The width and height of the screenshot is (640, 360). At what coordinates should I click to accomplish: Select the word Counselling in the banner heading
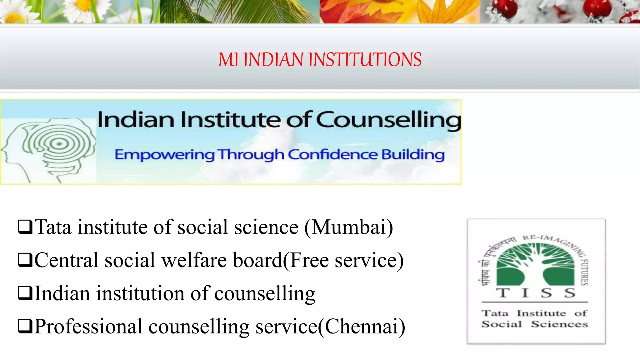(389, 121)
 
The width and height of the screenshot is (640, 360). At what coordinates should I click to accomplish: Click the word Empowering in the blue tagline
(164, 155)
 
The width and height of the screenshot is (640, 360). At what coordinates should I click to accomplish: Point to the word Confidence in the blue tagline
(332, 154)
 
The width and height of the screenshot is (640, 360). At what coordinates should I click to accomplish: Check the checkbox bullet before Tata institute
(25, 227)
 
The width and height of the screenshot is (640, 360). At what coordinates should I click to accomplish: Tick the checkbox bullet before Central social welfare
(25, 260)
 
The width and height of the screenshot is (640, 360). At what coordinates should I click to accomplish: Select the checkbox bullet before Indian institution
(25, 293)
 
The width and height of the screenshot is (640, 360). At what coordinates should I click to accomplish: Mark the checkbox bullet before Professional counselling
(25, 327)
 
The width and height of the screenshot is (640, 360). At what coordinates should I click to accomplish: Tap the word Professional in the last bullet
(88, 327)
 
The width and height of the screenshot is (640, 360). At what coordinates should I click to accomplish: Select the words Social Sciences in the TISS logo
(535, 324)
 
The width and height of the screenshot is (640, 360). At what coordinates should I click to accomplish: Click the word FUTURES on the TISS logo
(584, 272)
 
